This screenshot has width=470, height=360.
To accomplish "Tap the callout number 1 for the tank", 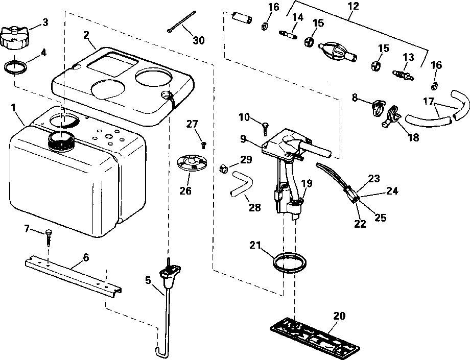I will tap(13, 108).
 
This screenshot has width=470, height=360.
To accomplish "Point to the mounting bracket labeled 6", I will tap(72, 276).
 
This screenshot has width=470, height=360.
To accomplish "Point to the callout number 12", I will tap(352, 7).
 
